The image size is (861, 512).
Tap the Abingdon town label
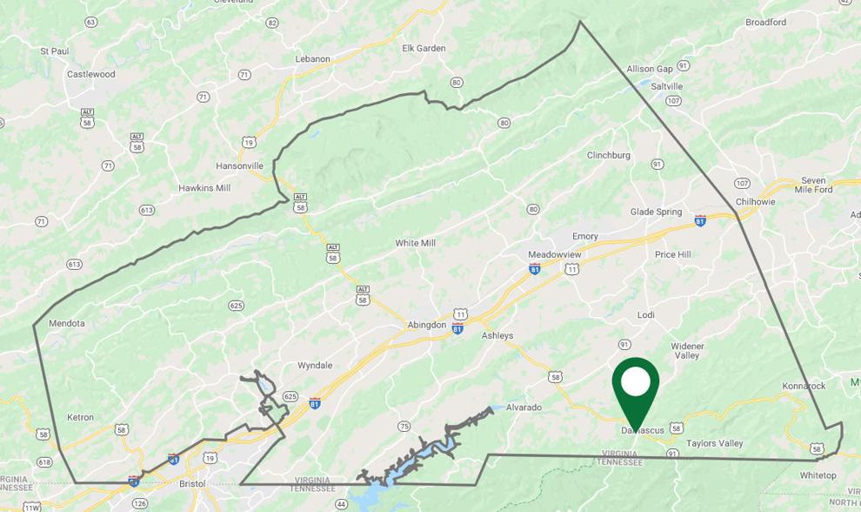426,325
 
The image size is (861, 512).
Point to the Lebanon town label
313,59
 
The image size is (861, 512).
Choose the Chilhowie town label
755,201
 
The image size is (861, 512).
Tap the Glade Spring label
657,212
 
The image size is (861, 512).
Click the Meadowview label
554,254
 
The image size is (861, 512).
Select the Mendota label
67,323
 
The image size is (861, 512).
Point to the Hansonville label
239,165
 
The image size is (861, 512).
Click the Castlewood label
91,74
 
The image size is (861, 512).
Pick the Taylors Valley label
715,443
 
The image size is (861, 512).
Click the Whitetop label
818,475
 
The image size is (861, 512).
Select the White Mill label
415,243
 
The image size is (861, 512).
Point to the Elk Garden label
424,48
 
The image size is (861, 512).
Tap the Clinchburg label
608,155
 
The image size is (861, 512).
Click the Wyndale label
315,365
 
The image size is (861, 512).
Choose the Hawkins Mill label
204,187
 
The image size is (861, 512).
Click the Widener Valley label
687,350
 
